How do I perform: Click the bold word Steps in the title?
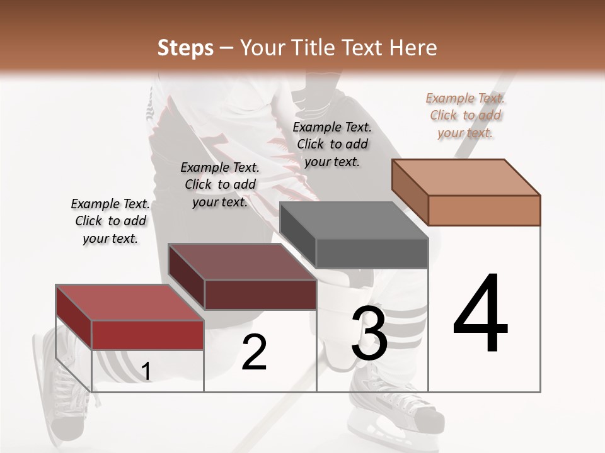(x=185, y=48)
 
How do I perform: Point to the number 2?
(x=254, y=352)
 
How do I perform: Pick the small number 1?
(x=146, y=372)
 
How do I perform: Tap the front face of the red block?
(x=148, y=335)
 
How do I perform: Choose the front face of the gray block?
(x=372, y=253)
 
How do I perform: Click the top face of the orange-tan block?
(x=466, y=177)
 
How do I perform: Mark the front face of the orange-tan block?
(x=484, y=210)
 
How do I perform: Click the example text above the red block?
(x=110, y=221)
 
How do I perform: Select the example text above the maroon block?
(x=220, y=184)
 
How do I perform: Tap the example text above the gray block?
(x=332, y=144)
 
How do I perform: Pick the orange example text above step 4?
(x=466, y=115)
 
